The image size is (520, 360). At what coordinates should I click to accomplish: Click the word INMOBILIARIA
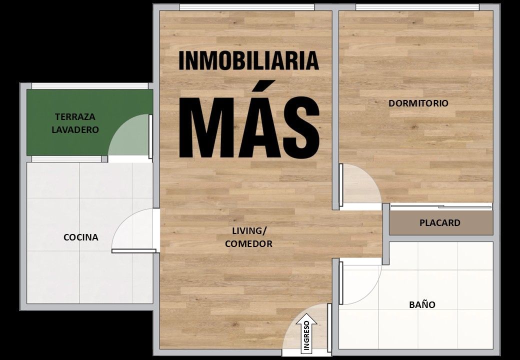[x=248, y=60]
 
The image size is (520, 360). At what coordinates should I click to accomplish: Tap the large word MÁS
[x=249, y=119]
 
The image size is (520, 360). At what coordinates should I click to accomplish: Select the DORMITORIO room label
[x=418, y=103]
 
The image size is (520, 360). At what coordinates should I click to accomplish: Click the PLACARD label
[x=439, y=222]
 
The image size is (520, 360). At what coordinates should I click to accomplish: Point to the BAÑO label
[x=422, y=304]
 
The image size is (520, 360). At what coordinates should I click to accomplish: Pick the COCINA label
[x=81, y=237]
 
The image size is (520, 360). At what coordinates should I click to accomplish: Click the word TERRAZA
[x=75, y=116]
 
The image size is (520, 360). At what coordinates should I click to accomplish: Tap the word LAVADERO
[x=75, y=129]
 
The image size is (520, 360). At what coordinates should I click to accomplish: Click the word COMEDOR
[x=248, y=243]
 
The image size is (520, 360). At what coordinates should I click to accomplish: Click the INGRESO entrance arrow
[x=306, y=333]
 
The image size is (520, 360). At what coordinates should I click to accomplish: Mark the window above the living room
[x=246, y=7]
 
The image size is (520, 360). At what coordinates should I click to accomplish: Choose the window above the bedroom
[x=417, y=7]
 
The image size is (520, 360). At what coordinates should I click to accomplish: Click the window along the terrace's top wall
[x=89, y=86]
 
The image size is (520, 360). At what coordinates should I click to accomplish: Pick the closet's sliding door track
[x=441, y=206]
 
